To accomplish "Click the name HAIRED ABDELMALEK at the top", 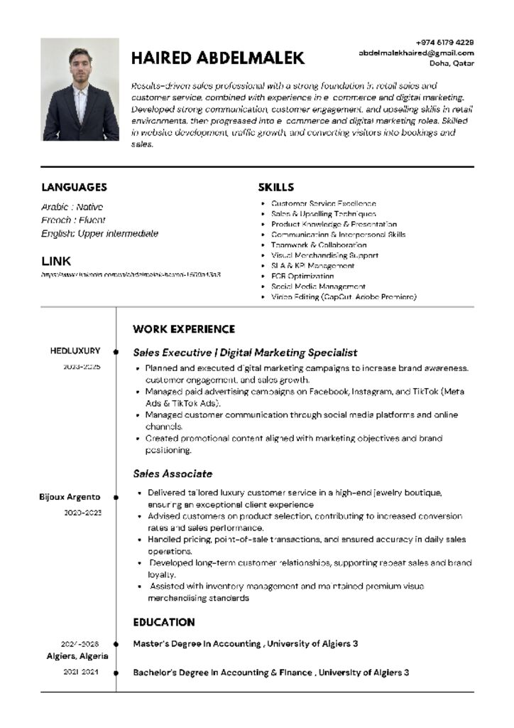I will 218,58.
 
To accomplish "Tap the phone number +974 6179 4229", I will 445,43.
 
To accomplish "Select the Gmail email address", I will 416,53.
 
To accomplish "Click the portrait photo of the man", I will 80,90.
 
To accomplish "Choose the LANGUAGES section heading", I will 74,187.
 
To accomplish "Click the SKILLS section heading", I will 275,187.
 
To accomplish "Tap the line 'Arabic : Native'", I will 72,207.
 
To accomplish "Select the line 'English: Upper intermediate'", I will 99,233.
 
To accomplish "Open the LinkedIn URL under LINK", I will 131,274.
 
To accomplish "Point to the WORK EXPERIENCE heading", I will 184,329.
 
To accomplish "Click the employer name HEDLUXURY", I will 75,350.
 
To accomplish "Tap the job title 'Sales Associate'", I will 173,473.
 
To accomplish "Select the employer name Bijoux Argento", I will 70,497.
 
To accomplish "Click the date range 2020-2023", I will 82,512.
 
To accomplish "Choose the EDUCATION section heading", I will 164,622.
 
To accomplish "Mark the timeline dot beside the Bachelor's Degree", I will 116,672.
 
